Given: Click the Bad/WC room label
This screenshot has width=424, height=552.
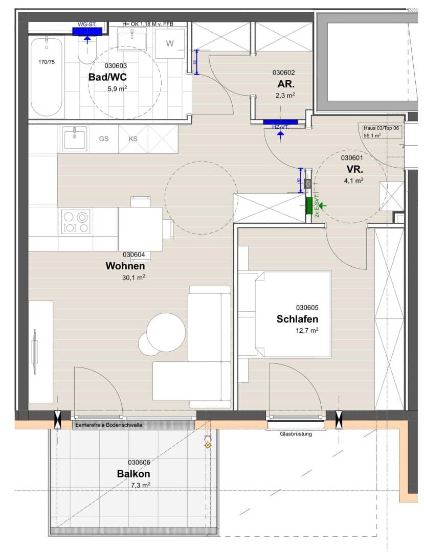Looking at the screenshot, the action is (x=107, y=77).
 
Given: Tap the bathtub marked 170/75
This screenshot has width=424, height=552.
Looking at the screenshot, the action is (x=46, y=77).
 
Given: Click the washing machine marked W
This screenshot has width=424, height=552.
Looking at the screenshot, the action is (x=170, y=43).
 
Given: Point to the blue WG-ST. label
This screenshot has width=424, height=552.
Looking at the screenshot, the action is (x=87, y=25).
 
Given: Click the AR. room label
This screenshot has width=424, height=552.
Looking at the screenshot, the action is (x=286, y=84).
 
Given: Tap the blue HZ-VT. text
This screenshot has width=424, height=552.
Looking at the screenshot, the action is (x=280, y=127).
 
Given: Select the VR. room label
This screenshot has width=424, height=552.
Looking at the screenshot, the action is (x=354, y=169).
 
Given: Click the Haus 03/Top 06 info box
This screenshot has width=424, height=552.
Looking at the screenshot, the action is (x=382, y=132).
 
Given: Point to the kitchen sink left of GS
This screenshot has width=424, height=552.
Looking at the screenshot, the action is (x=75, y=139).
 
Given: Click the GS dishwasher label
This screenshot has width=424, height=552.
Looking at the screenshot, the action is (x=103, y=139).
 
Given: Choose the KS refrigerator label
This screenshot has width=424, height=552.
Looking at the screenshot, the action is (x=133, y=139).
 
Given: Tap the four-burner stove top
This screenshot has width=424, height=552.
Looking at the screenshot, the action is (x=76, y=222).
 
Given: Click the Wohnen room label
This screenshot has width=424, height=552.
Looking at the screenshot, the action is (x=125, y=266).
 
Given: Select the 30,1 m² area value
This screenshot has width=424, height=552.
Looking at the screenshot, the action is (x=134, y=278).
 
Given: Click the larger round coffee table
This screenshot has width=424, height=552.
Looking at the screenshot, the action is (x=166, y=332).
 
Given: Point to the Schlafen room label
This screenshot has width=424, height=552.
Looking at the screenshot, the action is (x=297, y=319).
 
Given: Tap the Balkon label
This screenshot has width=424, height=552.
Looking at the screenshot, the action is (x=134, y=473).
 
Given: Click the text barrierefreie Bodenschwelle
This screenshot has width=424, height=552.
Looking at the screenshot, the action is (x=109, y=425).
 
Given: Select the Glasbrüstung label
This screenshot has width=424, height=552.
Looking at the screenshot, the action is (x=296, y=434).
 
